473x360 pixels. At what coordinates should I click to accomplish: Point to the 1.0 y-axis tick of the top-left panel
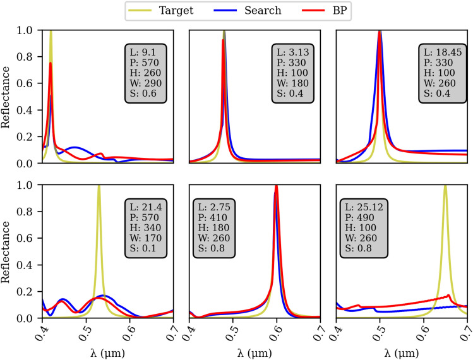(28, 30)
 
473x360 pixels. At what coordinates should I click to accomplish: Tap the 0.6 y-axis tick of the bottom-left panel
(28, 238)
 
